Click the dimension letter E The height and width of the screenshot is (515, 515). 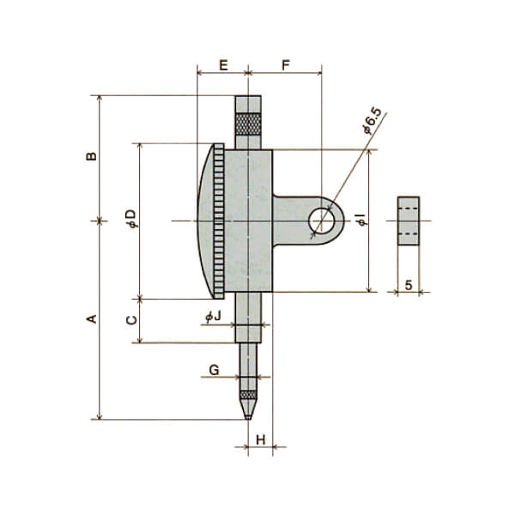(223, 65)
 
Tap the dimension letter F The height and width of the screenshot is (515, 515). (286, 65)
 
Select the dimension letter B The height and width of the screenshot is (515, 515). (92, 156)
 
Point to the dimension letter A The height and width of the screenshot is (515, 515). (92, 318)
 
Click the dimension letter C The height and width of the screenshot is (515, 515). (131, 320)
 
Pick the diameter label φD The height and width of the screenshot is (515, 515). (131, 218)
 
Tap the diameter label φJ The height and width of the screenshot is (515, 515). (213, 316)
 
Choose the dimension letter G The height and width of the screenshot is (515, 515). (214, 370)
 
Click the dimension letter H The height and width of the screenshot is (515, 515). (260, 439)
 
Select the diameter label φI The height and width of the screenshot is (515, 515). (362, 220)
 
